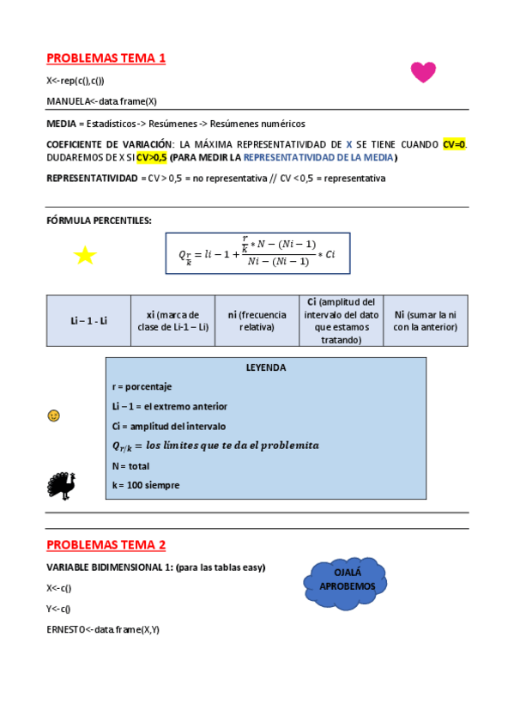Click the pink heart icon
point(423,72)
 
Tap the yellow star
point(85,255)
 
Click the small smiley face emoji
point(54,416)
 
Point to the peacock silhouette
point(61,485)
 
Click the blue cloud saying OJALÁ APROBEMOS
point(347,579)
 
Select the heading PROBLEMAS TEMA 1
point(106,58)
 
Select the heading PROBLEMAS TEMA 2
point(106,545)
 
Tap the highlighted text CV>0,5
point(152,158)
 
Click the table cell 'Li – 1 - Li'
point(88,321)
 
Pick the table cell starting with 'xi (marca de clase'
point(172,321)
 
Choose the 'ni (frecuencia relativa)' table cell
point(257,321)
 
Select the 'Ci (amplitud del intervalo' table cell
point(341,321)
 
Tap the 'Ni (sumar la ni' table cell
point(425,321)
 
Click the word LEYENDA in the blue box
point(266,367)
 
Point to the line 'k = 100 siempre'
point(146,485)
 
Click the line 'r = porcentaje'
point(142,387)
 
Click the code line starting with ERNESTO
point(103,629)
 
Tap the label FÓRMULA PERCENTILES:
point(99,221)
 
